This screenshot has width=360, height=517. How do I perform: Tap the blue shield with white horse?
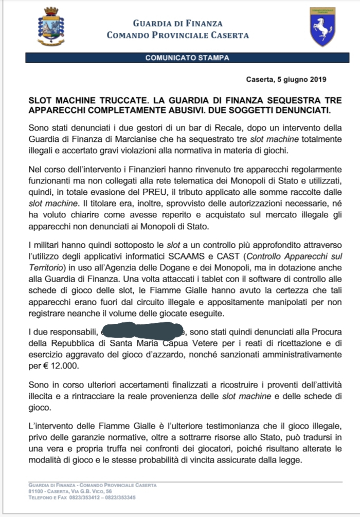322,26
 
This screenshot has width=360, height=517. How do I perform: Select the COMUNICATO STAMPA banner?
187,58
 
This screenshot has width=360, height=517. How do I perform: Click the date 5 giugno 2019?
301,80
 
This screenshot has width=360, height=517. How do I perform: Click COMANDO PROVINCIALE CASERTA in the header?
177,35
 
